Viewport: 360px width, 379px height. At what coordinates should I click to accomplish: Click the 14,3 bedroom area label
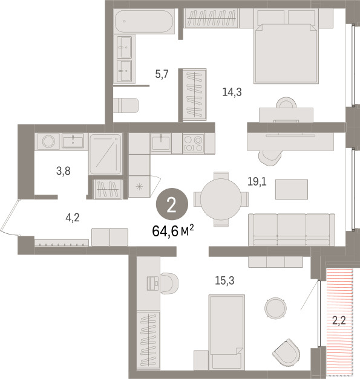[x=232, y=92]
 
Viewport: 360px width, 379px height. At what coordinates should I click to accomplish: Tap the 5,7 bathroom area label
[x=162, y=74]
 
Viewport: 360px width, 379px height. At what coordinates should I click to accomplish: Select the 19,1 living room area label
[x=257, y=181]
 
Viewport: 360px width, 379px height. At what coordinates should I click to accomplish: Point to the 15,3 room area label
[x=224, y=280]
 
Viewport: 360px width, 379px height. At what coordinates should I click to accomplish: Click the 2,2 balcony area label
[x=339, y=321]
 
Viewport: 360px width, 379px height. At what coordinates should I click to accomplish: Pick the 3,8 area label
[x=64, y=171]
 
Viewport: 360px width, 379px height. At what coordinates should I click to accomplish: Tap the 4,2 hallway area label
[x=73, y=218]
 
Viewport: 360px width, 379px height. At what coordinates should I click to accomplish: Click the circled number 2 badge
[x=172, y=204]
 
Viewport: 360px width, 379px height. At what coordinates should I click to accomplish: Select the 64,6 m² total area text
[x=173, y=231]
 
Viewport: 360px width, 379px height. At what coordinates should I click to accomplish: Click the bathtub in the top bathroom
[x=144, y=22]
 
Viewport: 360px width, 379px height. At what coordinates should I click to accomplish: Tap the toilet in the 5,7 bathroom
[x=126, y=105]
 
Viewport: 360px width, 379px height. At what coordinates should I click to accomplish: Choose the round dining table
[x=221, y=199]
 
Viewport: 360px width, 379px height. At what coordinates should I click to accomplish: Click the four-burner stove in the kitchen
[x=193, y=143]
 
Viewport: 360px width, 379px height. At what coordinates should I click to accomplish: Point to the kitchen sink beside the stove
[x=161, y=143]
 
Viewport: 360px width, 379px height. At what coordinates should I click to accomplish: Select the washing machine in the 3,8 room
[x=48, y=141]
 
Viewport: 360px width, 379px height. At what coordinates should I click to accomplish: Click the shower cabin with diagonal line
[x=105, y=154]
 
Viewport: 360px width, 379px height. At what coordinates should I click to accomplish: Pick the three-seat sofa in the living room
[x=292, y=230]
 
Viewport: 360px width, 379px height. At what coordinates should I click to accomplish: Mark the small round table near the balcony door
[x=275, y=308]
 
